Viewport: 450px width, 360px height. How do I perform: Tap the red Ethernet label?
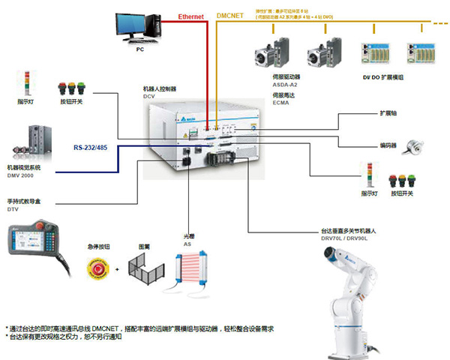point(191,16)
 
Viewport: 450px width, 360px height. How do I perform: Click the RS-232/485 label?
point(91,148)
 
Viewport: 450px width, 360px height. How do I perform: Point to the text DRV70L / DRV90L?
point(341,238)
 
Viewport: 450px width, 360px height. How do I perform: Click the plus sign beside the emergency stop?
point(115,268)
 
